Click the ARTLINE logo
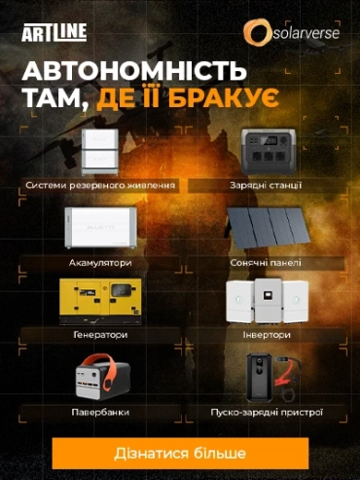54,32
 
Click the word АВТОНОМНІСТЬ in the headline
134,71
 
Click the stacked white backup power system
100,151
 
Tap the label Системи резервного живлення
100,185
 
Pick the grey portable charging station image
269,152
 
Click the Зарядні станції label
266,185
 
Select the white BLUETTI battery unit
100,228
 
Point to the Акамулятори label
100,263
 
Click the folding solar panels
269,229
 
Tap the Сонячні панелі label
266,263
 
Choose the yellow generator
100,301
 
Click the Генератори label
100,334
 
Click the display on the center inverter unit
268,295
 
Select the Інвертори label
267,334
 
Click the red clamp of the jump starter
283,379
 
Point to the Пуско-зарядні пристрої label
267,413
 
